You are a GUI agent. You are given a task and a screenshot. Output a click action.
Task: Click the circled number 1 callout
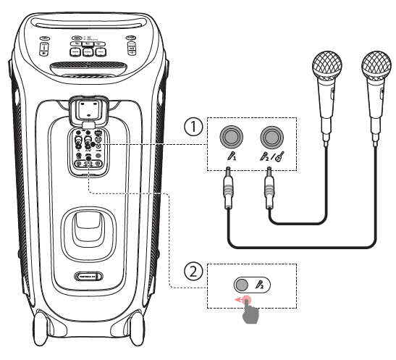coord(192,127)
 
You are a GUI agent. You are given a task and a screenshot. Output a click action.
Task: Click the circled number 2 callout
coord(192,273)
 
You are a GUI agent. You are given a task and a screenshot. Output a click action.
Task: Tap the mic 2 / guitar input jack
coord(271,135)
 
